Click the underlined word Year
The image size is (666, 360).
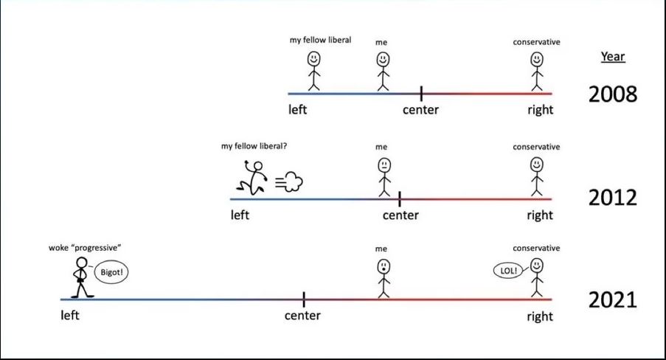(x=612, y=57)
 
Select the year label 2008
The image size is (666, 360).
(x=613, y=94)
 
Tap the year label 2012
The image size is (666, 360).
(x=613, y=198)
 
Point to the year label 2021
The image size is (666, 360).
(x=613, y=300)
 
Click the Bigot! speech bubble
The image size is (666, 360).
(x=111, y=272)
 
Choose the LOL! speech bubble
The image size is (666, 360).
(x=508, y=270)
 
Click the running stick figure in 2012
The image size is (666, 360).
(x=252, y=178)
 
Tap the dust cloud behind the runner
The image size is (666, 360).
(x=289, y=182)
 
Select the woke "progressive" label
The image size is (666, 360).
(x=85, y=248)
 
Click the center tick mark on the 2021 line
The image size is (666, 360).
(x=304, y=300)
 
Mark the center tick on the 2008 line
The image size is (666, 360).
(x=421, y=94)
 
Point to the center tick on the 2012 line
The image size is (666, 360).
(x=400, y=199)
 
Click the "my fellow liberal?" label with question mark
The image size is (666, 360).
(x=254, y=146)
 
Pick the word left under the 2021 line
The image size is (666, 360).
(x=69, y=315)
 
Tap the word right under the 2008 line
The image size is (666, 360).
(x=541, y=110)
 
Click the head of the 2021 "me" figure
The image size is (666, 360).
(x=384, y=267)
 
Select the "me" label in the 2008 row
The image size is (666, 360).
(x=381, y=43)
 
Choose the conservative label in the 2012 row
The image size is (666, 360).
(x=536, y=147)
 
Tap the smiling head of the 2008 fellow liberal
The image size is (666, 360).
(x=314, y=59)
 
